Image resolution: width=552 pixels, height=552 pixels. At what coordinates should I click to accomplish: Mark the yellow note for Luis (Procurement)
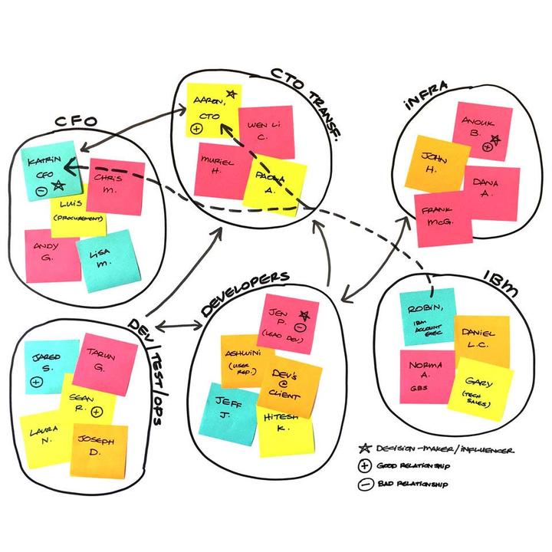click(x=77, y=215)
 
